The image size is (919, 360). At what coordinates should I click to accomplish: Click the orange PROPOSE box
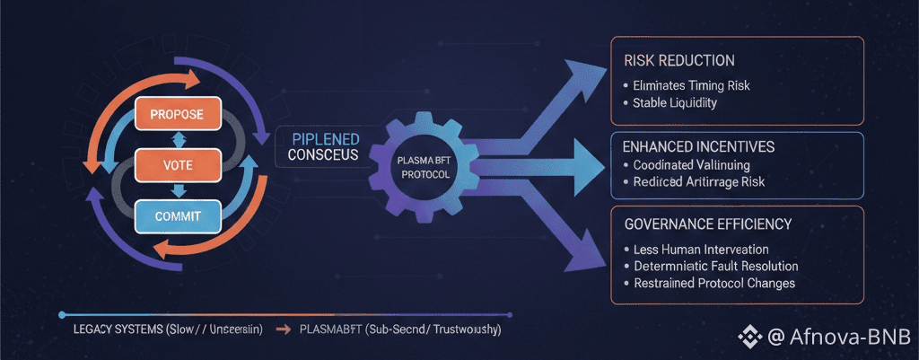[x=177, y=114]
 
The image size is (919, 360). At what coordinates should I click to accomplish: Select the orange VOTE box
[x=177, y=164]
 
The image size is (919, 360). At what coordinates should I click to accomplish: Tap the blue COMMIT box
[x=177, y=215]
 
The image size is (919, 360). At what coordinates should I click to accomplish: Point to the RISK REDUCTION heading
[x=678, y=60]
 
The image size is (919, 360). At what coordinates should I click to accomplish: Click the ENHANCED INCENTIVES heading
[x=698, y=145]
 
